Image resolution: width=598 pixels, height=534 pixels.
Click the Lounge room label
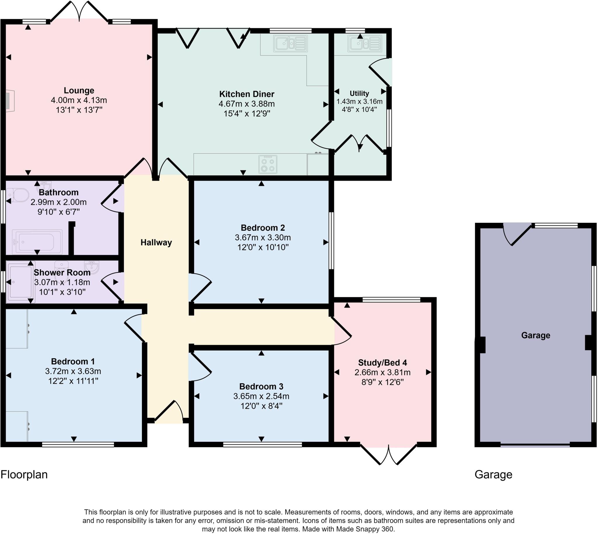tap(79, 91)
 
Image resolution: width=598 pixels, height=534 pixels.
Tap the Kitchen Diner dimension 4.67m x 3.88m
tap(246, 104)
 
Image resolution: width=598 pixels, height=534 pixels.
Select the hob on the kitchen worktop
tap(267, 164)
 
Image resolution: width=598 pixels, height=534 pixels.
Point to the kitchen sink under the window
tap(291, 44)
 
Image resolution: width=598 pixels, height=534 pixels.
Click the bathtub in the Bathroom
tap(37, 242)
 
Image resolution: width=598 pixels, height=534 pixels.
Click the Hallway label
tap(156, 242)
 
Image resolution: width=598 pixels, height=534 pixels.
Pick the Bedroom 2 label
tap(263, 228)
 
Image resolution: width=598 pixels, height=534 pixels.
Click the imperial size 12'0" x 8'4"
tap(261, 406)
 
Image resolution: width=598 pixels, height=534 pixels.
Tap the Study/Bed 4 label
tap(382, 363)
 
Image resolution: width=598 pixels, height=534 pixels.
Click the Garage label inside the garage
tap(536, 335)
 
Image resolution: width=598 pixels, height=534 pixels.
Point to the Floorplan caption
tap(24, 474)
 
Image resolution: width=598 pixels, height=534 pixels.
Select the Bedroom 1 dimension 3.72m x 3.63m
tap(73, 371)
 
